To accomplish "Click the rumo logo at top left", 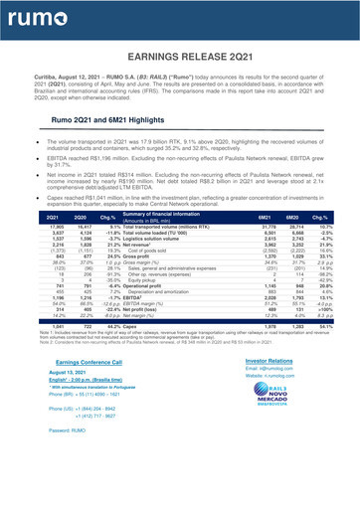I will tap(39, 17).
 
